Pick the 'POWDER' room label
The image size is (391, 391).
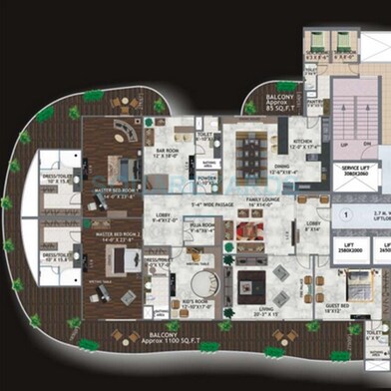coord(208,180)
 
